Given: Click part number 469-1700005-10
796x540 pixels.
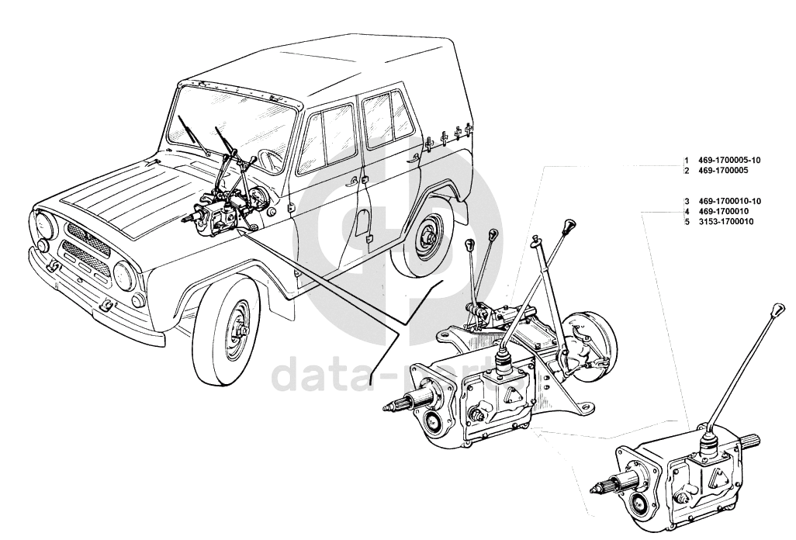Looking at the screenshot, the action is coord(729,161).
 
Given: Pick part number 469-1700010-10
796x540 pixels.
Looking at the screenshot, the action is coord(729,201).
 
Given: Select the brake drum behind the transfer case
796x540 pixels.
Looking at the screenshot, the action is coord(591,345).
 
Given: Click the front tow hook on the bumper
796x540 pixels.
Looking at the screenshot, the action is coord(107,305).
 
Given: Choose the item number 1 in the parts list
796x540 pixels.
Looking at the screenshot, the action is coord(687,161).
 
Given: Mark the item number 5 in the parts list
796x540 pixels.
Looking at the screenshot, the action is coord(687,221).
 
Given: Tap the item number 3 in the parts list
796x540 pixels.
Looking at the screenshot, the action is coord(687,201).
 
